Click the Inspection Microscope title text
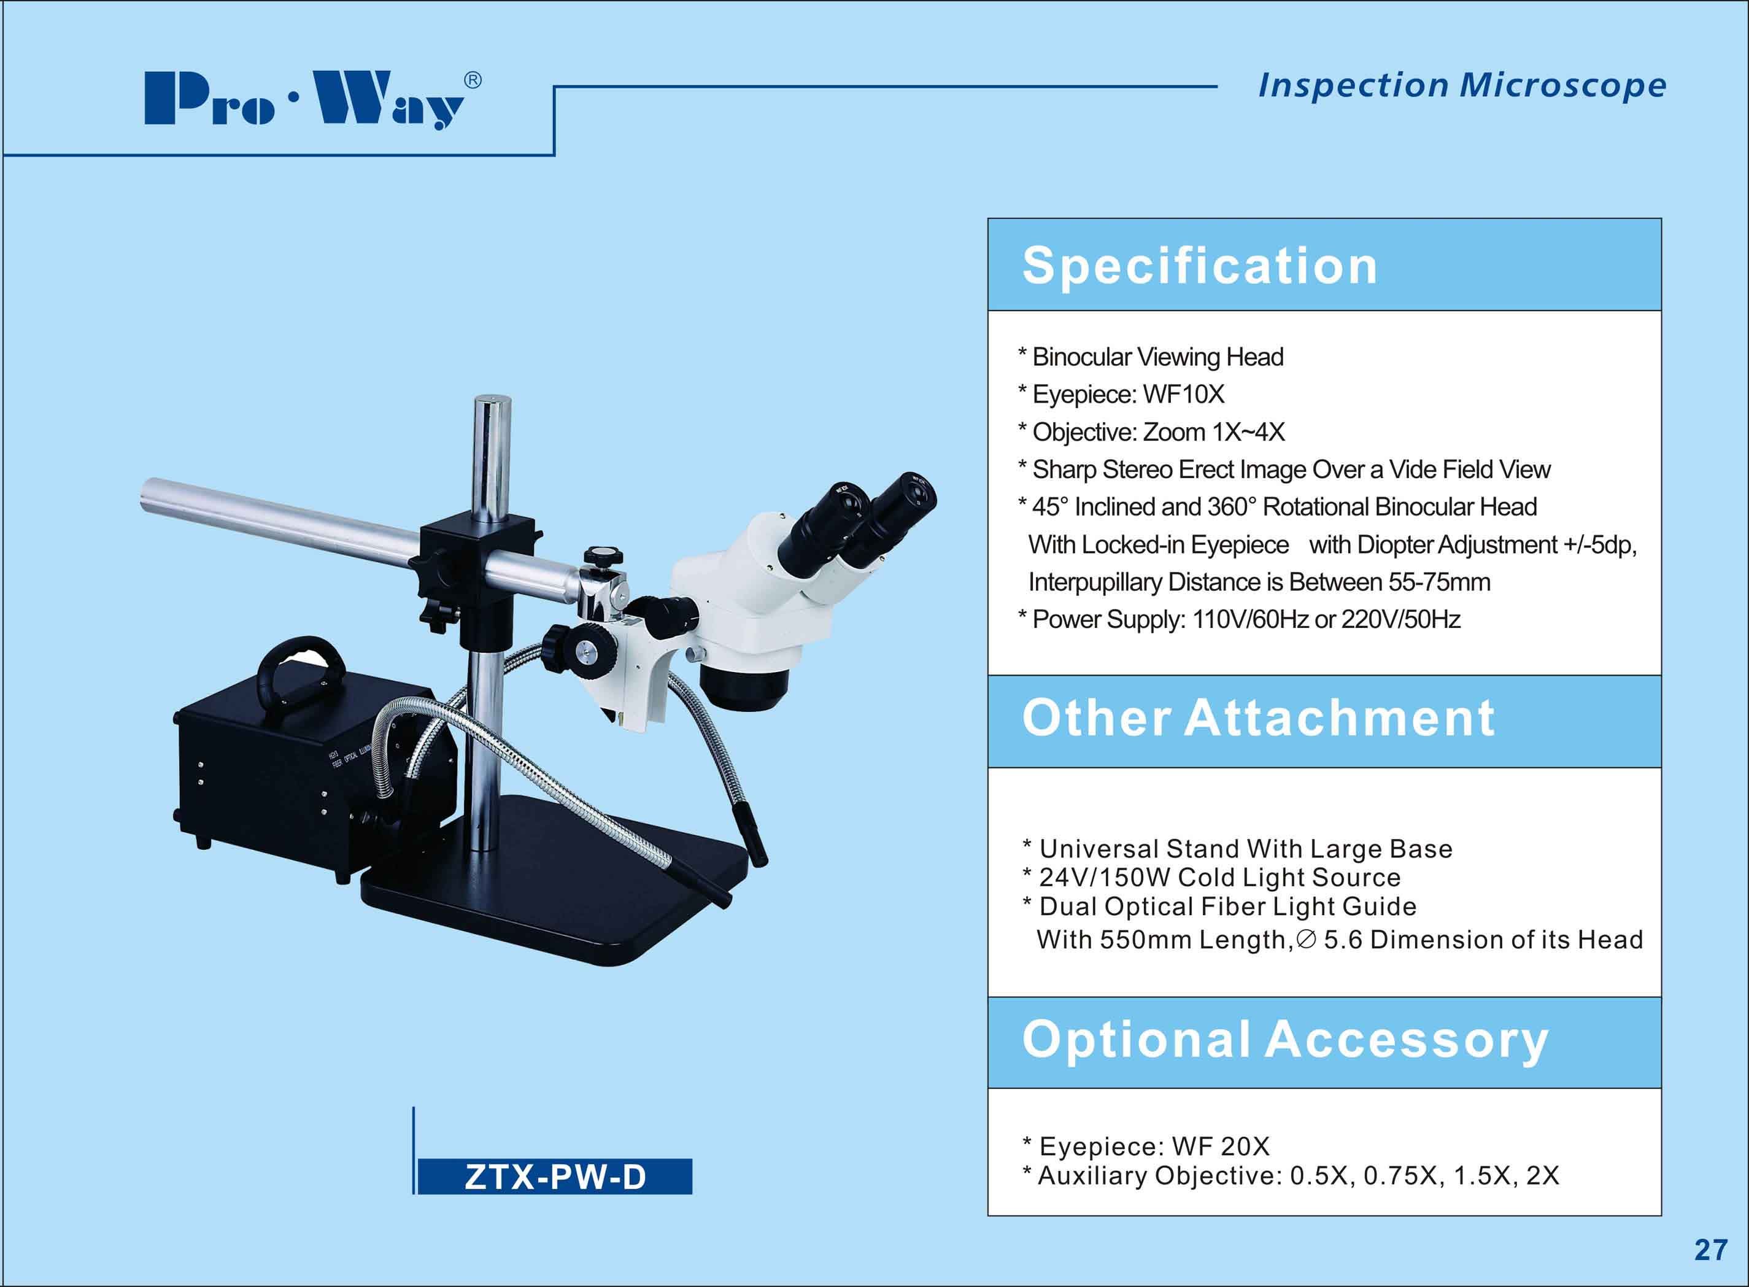click(1462, 86)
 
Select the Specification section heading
click(1200, 266)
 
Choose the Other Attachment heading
click(1258, 717)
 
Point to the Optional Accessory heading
click(1286, 1040)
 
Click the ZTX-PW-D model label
click(555, 1177)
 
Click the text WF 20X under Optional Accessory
click(1221, 1147)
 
